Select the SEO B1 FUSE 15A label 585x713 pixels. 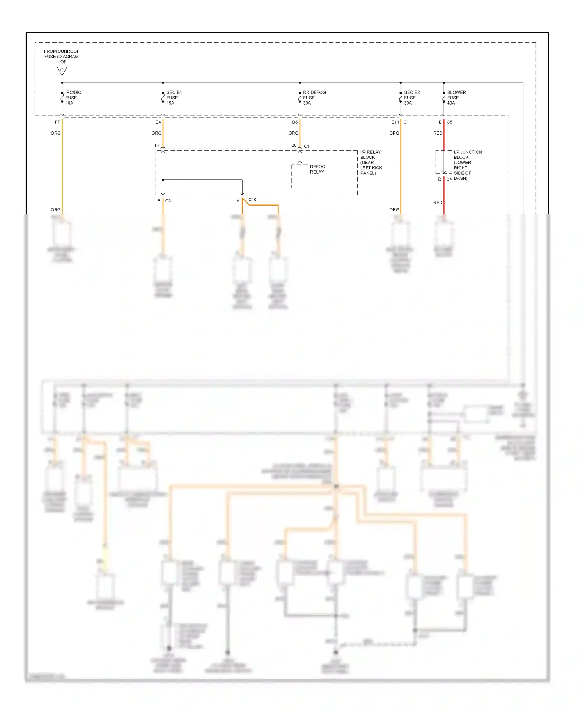pos(174,98)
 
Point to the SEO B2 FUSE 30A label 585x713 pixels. pos(411,98)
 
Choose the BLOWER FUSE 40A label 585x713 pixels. pos(456,98)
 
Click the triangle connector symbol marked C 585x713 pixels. pos(62,71)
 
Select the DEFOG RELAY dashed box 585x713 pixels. pos(300,176)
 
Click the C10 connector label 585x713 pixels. pos(252,200)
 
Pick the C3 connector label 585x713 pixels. pos(168,201)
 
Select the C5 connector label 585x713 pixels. pos(449,122)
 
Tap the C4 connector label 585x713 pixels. pos(449,179)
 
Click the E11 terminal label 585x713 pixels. pos(395,122)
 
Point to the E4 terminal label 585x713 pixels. pos(158,122)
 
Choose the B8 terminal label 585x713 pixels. pos(295,122)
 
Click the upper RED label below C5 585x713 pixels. pos(438,133)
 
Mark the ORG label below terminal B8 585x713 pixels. pos(293,133)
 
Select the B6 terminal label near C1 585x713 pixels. pos(294,145)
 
